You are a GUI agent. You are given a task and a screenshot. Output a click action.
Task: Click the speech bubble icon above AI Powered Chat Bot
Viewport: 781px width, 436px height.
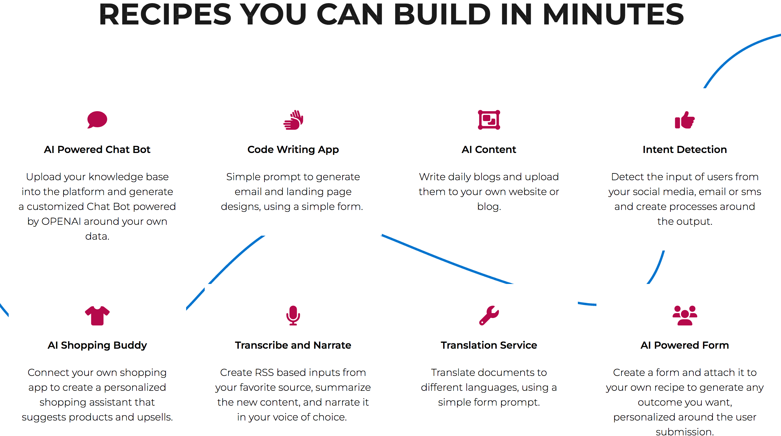click(97, 120)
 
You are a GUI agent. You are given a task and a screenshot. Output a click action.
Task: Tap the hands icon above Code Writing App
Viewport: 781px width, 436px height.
click(293, 120)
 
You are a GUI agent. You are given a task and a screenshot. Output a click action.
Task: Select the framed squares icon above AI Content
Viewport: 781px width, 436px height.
click(489, 120)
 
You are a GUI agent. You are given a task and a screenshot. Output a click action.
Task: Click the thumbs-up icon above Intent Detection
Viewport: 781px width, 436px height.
click(685, 120)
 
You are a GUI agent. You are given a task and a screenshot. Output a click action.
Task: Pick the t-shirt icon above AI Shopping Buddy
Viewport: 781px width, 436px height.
click(97, 316)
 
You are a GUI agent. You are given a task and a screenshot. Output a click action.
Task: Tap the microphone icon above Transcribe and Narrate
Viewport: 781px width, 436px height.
click(293, 316)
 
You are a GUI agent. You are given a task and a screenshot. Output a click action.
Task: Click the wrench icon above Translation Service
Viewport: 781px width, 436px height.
click(489, 316)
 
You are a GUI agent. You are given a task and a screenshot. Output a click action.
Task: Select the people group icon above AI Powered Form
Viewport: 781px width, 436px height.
click(685, 316)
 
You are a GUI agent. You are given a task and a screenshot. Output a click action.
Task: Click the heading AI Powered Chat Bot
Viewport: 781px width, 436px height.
click(97, 150)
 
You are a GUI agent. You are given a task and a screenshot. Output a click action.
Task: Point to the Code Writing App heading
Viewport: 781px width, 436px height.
click(293, 150)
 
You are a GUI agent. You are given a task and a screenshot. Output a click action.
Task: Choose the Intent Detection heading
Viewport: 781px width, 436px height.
click(685, 150)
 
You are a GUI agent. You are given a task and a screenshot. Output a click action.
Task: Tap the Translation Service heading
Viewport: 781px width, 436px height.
click(489, 345)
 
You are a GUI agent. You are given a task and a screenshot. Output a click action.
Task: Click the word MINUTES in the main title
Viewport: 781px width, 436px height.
click(613, 14)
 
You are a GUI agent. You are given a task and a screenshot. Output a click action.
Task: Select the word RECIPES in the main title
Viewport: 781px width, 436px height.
click(165, 14)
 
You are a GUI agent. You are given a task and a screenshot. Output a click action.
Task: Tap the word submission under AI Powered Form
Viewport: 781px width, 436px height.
click(685, 432)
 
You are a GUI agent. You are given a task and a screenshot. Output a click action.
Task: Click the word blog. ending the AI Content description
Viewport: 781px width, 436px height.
click(489, 207)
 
